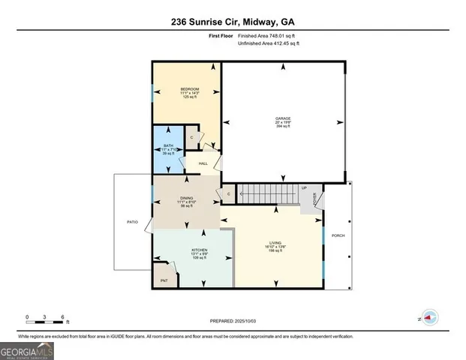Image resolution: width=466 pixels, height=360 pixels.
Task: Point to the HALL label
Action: click(203, 163)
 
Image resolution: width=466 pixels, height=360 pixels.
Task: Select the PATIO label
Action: click(132, 222)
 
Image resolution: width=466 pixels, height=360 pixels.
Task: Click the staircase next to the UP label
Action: click(267, 193)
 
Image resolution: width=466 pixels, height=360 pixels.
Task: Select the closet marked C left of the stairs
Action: click(228, 194)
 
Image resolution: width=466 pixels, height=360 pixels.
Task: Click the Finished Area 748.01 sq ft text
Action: click(268, 35)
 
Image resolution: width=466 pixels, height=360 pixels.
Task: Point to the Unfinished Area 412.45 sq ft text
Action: click(268, 43)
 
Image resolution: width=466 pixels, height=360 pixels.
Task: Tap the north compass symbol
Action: click(429, 317)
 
